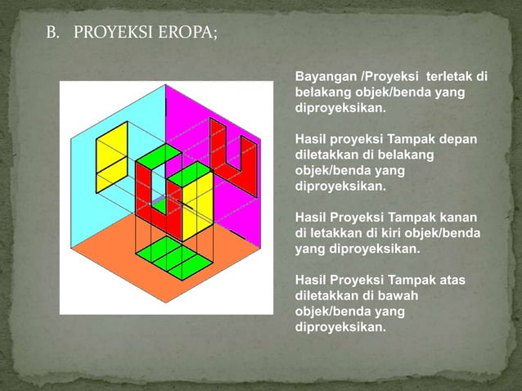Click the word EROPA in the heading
point(185,35)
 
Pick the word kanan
point(460,218)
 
